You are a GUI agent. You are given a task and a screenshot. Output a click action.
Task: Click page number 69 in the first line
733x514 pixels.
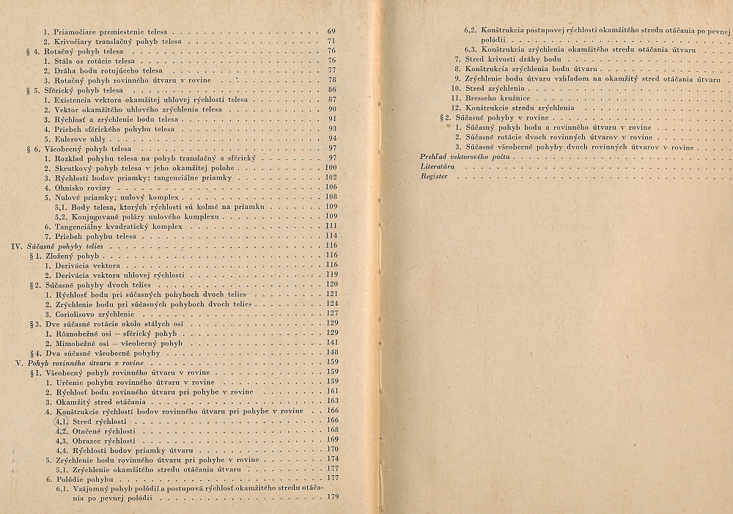331,32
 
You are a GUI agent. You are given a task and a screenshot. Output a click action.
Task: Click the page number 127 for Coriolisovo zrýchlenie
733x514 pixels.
331,313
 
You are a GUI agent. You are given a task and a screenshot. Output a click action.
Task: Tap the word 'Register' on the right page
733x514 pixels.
432,177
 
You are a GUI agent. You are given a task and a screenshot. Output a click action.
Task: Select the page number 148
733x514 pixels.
331,353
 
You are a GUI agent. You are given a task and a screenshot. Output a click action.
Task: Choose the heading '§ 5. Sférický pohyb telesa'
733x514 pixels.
75,89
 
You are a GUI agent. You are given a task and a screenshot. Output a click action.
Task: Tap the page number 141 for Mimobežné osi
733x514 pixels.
331,342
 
